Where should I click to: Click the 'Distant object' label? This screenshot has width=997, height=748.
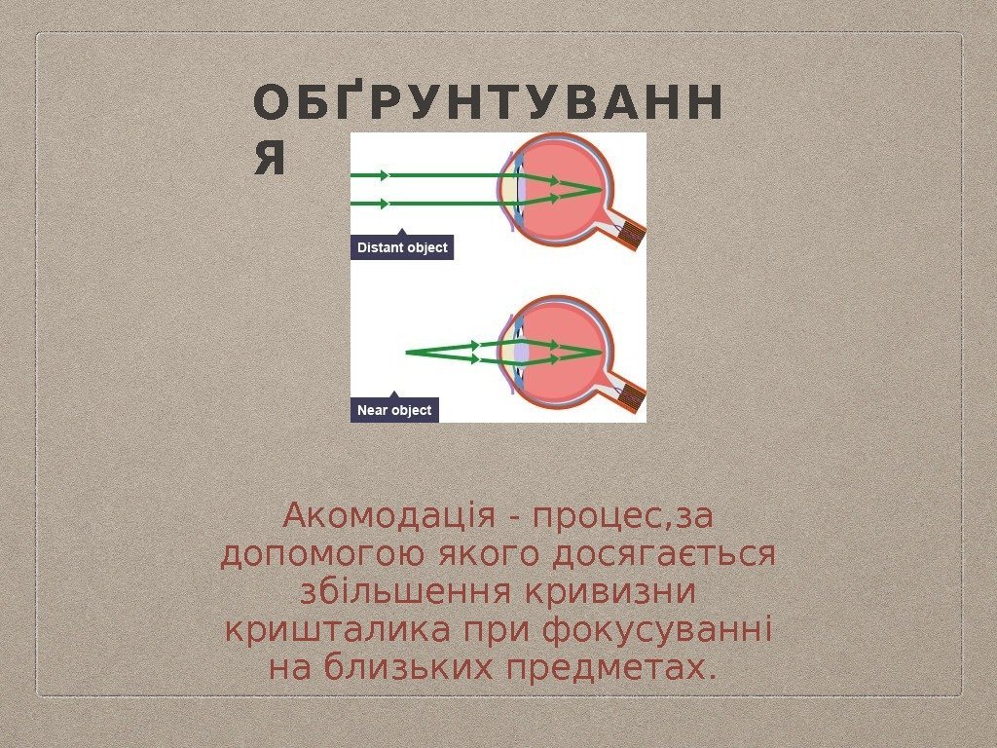pyautogui.click(x=402, y=248)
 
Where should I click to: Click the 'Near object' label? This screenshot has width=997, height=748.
pyautogui.click(x=394, y=410)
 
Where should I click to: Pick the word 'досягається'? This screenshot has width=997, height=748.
pyautogui.click(x=663, y=555)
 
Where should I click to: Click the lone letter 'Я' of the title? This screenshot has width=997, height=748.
pyautogui.click(x=270, y=159)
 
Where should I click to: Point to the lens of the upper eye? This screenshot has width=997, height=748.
pyautogui.click(x=523, y=190)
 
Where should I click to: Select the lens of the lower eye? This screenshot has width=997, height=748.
pyautogui.click(x=523, y=351)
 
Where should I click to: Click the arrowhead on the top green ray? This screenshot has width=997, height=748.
pyautogui.click(x=386, y=175)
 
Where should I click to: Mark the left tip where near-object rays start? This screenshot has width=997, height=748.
pyautogui.click(x=407, y=352)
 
